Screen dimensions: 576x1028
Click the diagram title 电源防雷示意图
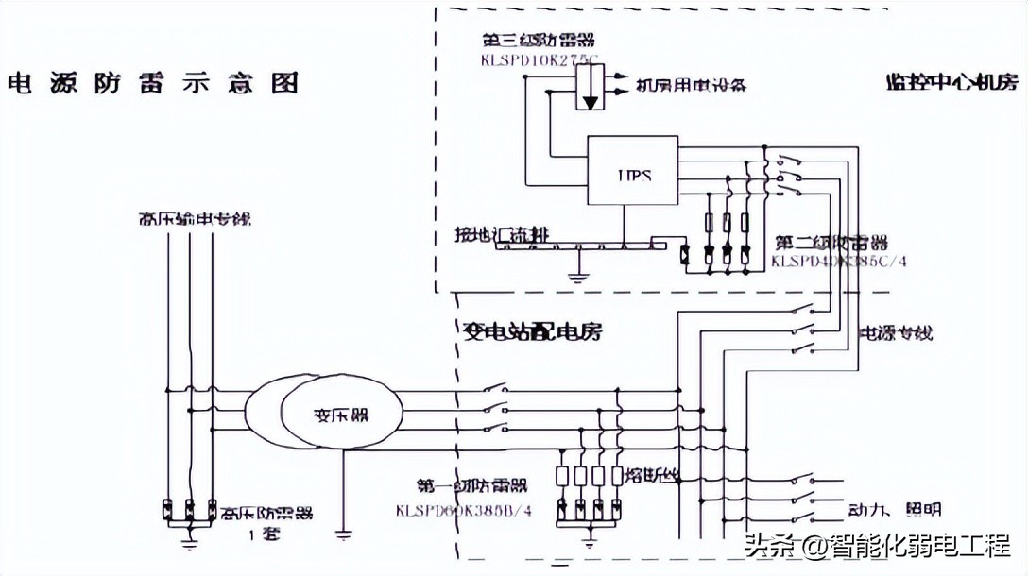(x=152, y=82)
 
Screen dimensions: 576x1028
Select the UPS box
(x=632, y=171)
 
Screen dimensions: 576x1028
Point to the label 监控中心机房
(x=952, y=81)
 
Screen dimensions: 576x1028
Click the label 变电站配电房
(x=533, y=331)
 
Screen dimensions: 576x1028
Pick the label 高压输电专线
(x=194, y=219)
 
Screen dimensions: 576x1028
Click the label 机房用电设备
(x=691, y=85)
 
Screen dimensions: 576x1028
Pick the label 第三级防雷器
(x=538, y=41)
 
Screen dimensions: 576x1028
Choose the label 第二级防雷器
(x=831, y=243)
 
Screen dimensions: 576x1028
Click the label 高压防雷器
(x=266, y=514)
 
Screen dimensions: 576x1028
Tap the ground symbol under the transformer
(x=344, y=535)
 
